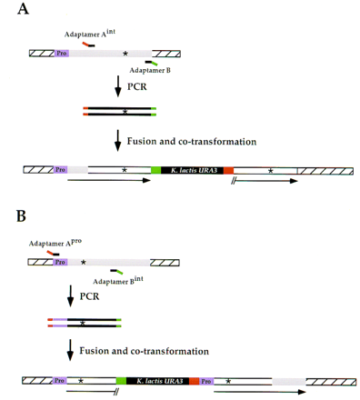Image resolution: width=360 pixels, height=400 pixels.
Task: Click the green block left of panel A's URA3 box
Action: [x=156, y=170]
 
